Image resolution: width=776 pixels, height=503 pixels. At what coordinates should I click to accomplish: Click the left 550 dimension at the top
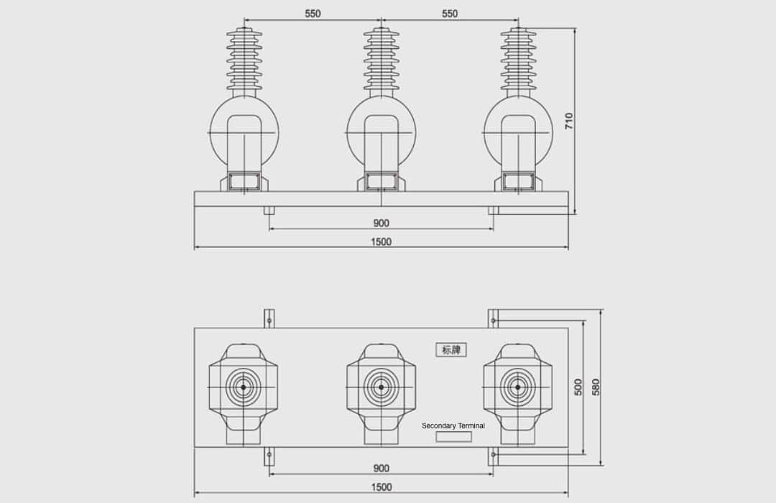313,14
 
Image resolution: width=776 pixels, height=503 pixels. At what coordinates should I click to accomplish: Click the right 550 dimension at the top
449,14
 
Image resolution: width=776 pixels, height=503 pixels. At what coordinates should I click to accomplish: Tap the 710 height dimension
569,121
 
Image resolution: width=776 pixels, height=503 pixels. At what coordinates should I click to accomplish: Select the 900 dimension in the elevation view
381,223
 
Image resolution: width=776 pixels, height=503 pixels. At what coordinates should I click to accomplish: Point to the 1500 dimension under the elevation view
381,242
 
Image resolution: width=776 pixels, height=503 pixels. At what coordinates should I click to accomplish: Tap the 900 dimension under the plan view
381,469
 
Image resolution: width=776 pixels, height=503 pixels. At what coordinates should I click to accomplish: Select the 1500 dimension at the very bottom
381,487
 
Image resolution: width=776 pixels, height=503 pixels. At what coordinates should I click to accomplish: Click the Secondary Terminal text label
453,425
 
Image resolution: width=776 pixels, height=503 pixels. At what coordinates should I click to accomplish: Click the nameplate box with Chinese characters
451,350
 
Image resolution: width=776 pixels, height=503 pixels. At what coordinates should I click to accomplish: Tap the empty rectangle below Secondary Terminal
454,437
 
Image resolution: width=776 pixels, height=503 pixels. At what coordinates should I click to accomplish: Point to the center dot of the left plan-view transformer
244,387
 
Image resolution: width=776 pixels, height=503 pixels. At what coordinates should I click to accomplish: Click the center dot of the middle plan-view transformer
381,387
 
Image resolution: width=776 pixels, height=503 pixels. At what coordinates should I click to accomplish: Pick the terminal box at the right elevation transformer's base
517,181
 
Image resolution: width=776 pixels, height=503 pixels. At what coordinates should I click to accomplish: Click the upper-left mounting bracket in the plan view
269,318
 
